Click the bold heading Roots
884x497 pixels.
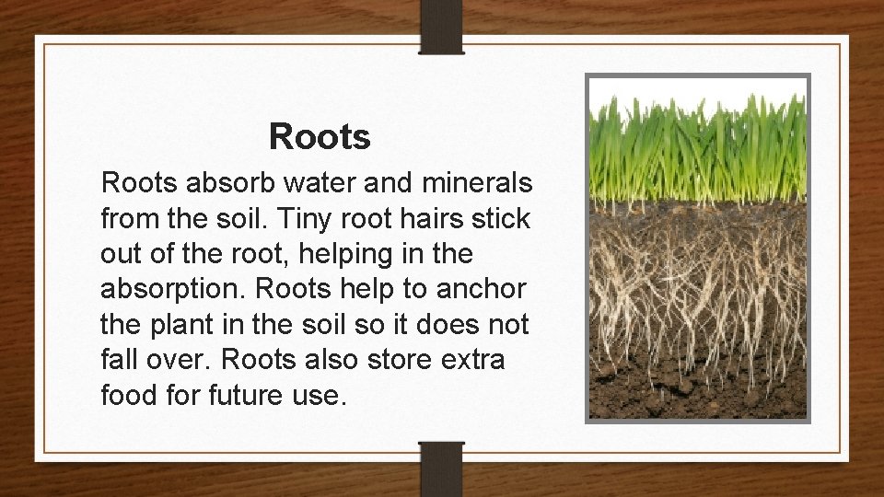click(320, 137)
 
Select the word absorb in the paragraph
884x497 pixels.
click(220, 184)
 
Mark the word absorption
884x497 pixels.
click(167, 290)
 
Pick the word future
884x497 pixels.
click(249, 395)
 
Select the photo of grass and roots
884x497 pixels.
click(698, 248)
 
